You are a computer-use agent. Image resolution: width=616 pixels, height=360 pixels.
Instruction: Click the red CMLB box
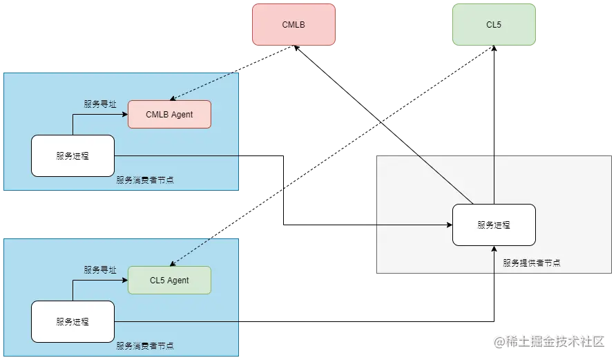tap(293, 25)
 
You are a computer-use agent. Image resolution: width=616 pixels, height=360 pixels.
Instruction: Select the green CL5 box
tap(494, 25)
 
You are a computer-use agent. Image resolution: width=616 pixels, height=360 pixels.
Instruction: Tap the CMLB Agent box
tap(169, 114)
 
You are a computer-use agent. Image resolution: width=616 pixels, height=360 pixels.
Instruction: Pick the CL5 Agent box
tap(169, 281)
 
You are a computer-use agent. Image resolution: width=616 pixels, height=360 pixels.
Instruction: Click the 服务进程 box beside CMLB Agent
tap(73, 155)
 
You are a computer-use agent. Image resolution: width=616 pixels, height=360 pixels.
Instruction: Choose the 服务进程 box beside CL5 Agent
tap(73, 321)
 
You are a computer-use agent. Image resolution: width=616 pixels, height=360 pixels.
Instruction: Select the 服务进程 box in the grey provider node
tap(494, 225)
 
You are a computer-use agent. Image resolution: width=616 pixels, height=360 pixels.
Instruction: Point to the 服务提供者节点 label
tap(531, 263)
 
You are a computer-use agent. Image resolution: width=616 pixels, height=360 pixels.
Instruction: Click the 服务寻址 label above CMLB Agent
tap(100, 104)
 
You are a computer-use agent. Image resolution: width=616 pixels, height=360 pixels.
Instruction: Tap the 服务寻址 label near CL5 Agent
tap(100, 269)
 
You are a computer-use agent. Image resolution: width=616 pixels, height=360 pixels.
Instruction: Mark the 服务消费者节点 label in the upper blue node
tap(145, 180)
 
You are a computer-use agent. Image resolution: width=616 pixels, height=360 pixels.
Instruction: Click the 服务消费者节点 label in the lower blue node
tap(145, 345)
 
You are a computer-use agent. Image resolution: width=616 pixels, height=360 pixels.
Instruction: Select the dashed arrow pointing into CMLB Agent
tap(204, 86)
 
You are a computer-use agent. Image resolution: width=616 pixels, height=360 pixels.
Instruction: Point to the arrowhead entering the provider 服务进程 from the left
tap(449, 225)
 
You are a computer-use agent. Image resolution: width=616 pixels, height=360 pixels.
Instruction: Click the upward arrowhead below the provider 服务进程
tap(494, 249)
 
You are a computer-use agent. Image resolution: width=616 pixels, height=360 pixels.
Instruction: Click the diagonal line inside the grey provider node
tap(445, 180)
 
